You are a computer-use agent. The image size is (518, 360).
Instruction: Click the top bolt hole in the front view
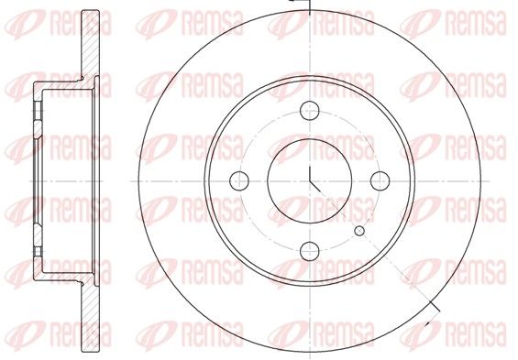(x=310, y=111)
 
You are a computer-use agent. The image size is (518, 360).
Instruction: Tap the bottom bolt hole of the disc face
(x=310, y=251)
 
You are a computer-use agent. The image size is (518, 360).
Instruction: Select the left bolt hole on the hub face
(x=239, y=180)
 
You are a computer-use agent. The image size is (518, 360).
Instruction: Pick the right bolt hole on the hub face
(x=380, y=180)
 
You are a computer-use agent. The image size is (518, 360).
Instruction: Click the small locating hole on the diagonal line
(x=359, y=231)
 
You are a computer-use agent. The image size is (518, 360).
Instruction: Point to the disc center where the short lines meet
(x=310, y=180)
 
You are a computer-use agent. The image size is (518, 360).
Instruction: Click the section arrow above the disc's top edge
(x=299, y=4)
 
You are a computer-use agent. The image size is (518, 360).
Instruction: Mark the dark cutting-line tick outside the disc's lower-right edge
(x=434, y=306)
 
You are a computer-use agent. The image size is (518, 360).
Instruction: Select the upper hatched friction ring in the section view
(x=90, y=45)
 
